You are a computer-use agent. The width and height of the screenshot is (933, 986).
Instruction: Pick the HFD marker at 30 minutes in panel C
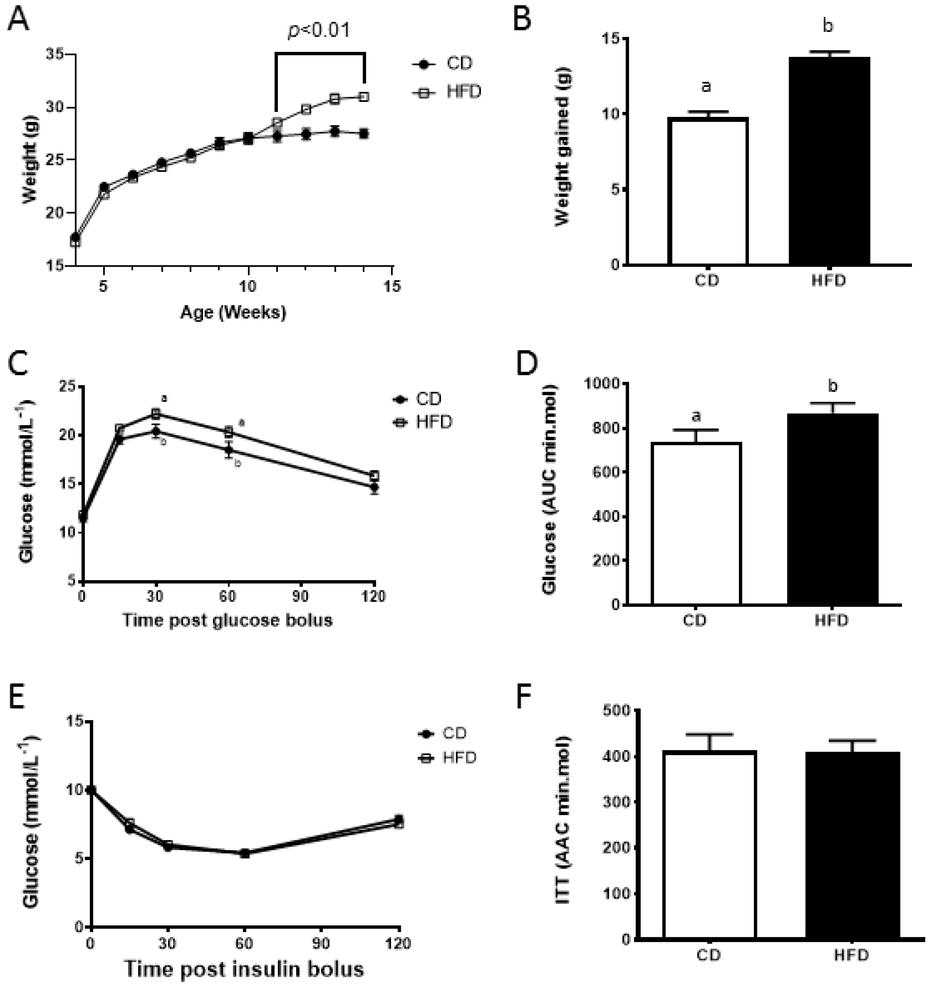[156, 413]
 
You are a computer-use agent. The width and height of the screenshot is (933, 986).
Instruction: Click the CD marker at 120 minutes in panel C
[374, 488]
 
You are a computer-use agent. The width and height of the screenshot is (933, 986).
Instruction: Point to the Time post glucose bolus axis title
[227, 620]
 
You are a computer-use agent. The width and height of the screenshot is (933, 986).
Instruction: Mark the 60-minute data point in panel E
[245, 853]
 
